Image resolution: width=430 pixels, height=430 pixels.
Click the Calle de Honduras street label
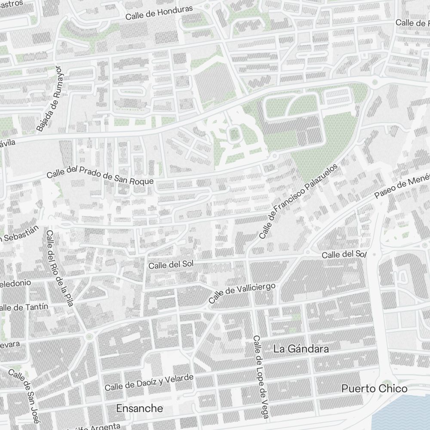[159, 13]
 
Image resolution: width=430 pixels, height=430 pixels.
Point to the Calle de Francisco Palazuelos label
[299, 201]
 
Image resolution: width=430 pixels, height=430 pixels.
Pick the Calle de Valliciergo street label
[242, 293]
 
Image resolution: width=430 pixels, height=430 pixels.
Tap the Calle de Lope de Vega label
[261, 377]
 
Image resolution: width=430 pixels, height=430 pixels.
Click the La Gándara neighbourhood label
[301, 349]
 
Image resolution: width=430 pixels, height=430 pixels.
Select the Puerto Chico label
[374, 389]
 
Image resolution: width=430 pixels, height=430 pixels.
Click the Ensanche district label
[140, 408]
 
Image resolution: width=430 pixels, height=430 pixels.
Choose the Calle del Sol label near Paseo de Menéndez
[344, 255]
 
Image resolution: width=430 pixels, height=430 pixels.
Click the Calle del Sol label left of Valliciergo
[171, 265]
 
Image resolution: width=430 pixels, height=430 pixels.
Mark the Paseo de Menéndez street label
[402, 186]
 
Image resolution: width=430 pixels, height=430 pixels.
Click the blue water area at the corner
[404, 413]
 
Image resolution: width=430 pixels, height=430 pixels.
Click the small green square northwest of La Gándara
[296, 317]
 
